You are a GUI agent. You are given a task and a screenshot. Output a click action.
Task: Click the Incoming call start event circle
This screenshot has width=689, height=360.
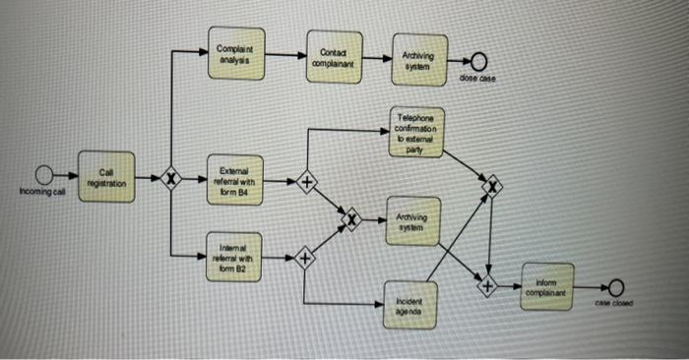click(42, 176)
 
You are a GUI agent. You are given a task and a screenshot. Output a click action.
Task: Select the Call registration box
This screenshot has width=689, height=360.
click(104, 177)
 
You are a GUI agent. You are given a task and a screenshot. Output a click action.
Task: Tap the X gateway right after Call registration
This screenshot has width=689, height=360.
click(172, 180)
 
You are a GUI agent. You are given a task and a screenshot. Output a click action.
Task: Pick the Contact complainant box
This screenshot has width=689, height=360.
click(330, 55)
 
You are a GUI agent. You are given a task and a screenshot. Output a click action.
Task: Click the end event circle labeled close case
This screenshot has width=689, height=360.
click(477, 63)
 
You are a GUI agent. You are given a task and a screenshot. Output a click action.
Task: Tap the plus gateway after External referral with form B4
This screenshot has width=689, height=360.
click(307, 183)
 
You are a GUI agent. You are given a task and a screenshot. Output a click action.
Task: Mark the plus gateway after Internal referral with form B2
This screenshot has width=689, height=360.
click(305, 259)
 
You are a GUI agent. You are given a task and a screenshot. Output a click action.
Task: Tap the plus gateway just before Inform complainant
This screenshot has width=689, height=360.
click(487, 287)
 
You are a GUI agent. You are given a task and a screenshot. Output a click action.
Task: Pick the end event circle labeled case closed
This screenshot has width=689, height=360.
click(616, 287)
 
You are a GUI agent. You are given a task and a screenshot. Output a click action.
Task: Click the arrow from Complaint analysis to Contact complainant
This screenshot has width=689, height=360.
click(286, 55)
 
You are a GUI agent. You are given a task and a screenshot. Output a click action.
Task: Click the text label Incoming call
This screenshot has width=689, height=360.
click(40, 193)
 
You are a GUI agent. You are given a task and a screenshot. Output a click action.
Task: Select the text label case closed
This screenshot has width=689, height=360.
click(616, 305)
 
